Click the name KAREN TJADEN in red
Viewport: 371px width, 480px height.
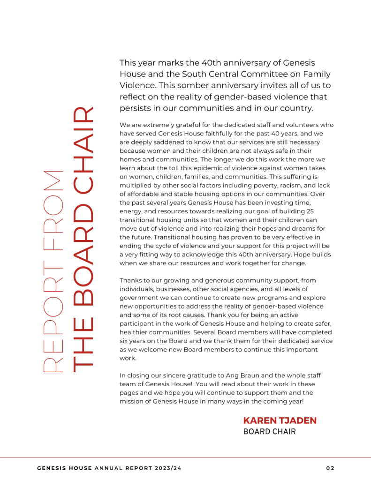click(x=280, y=420)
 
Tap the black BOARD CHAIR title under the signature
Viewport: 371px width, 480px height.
click(x=269, y=432)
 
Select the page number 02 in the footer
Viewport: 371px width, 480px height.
click(x=330, y=468)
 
